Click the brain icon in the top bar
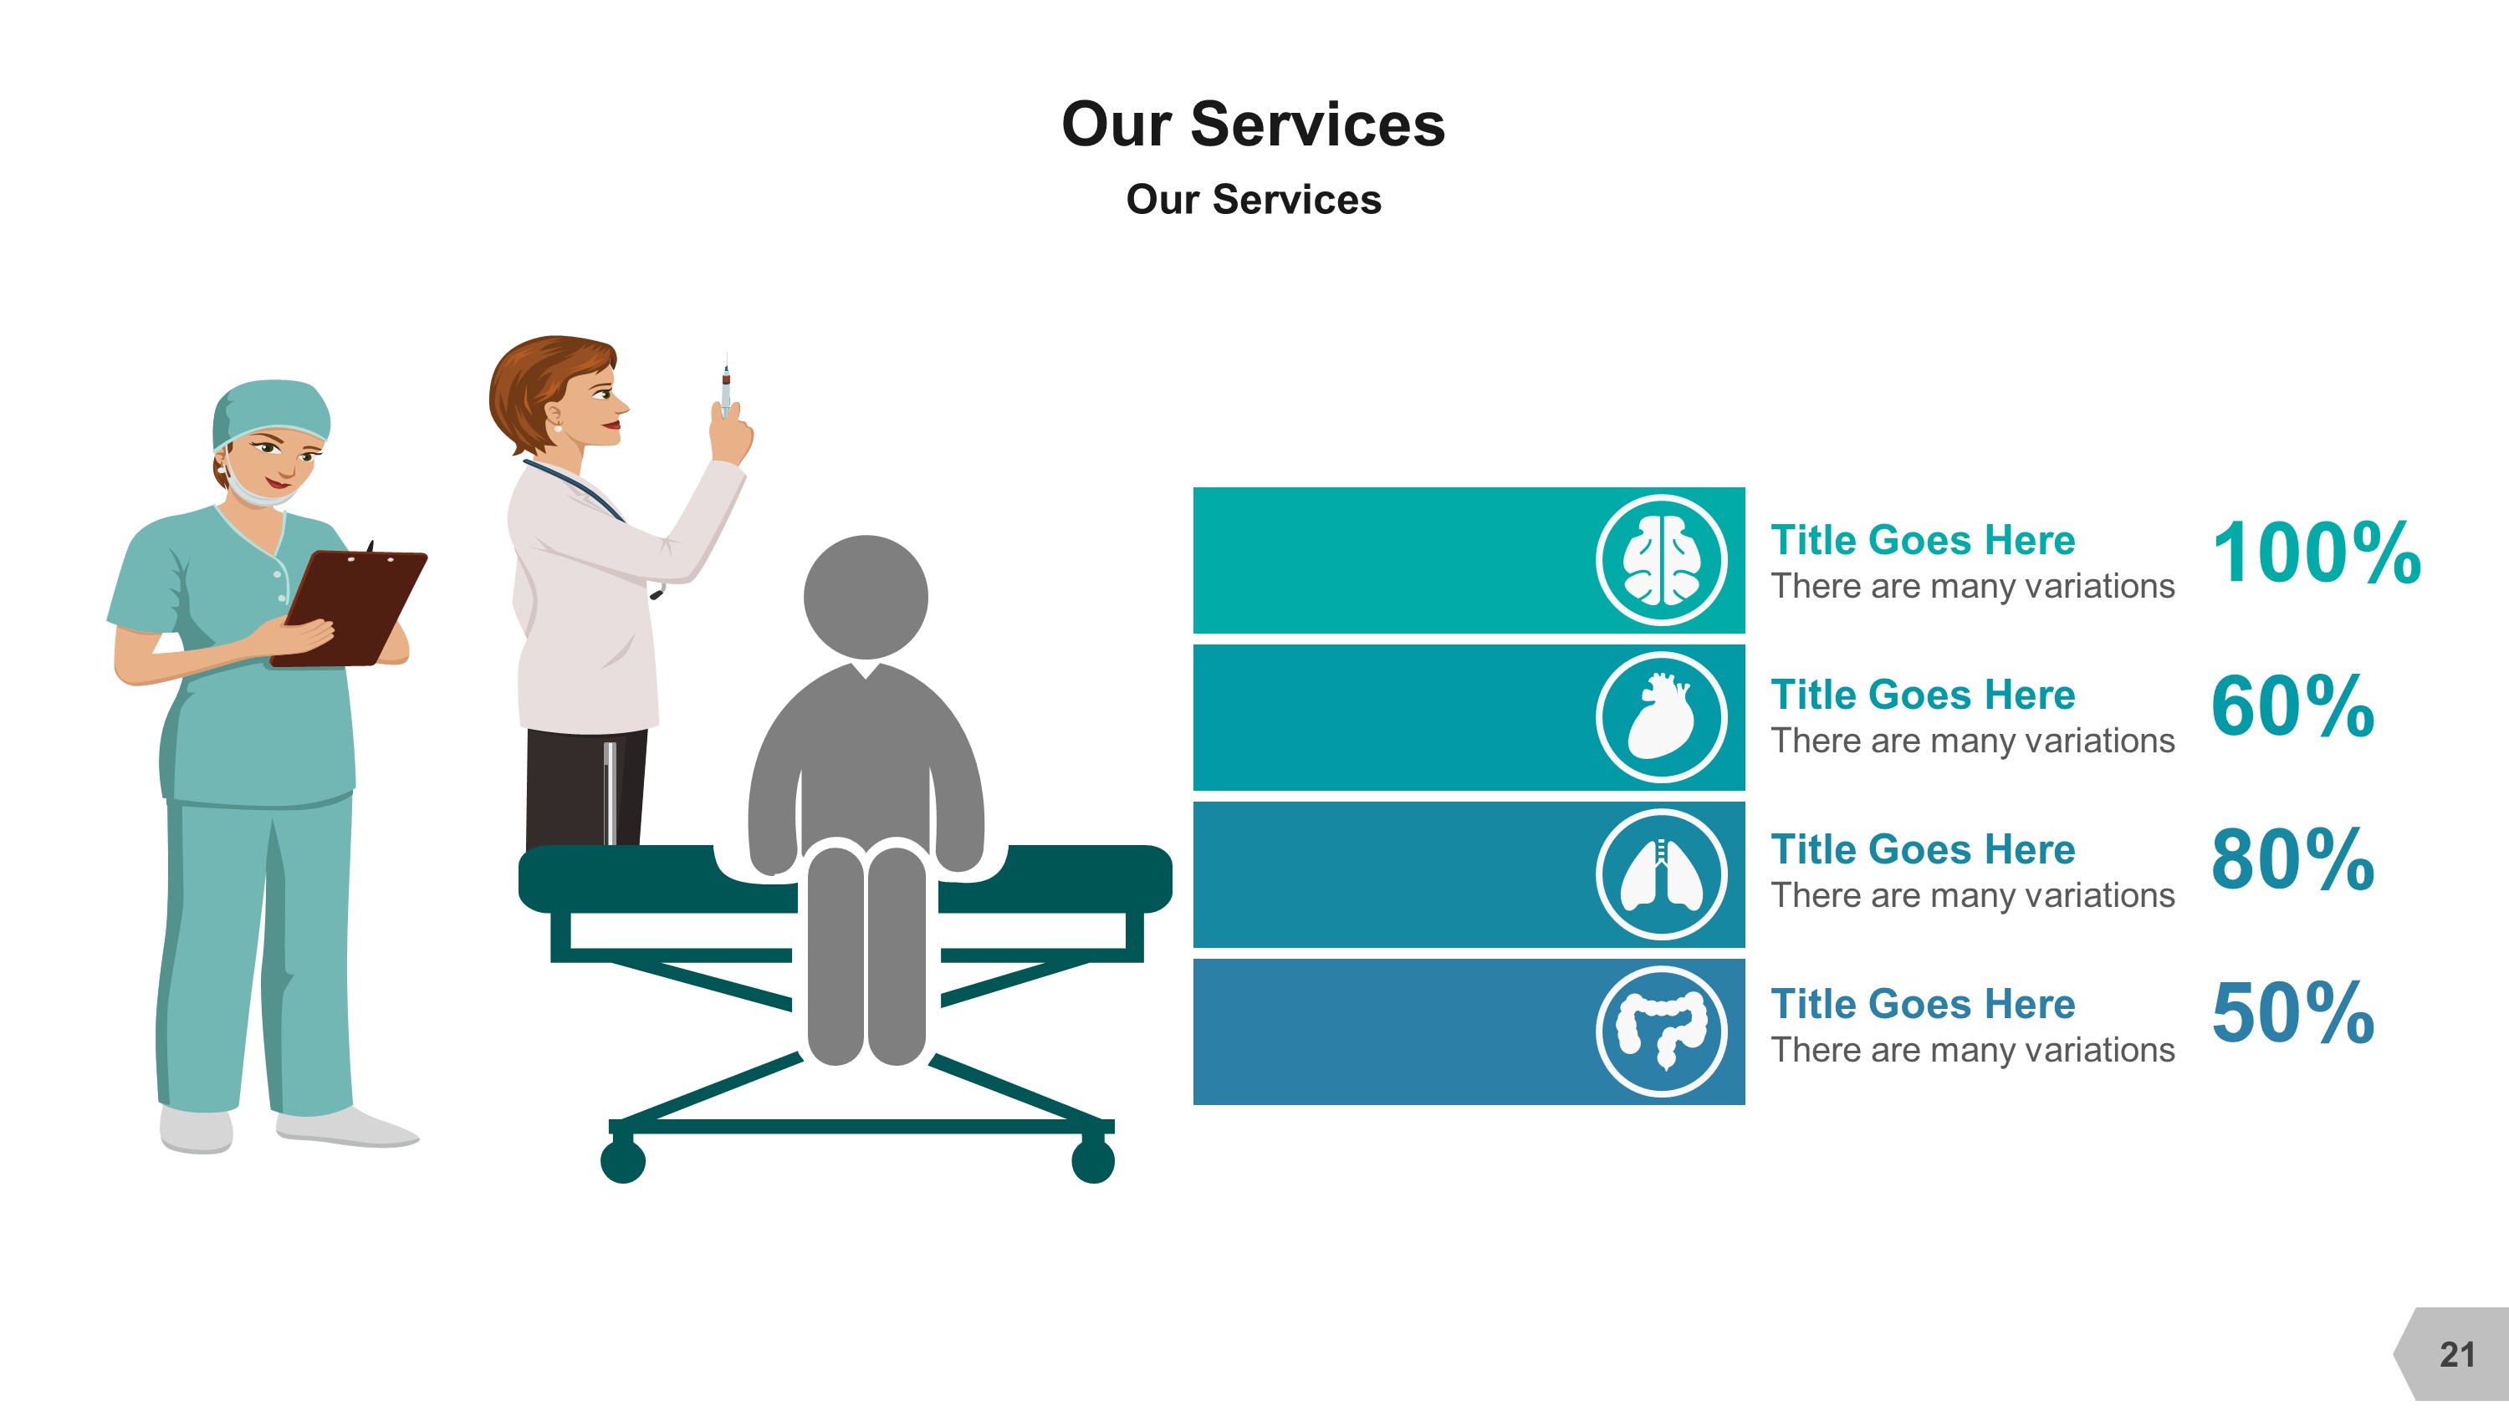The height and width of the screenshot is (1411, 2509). [1662, 560]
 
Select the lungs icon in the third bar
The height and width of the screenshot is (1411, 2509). [1662, 874]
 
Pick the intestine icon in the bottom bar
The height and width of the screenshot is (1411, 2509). [1662, 1031]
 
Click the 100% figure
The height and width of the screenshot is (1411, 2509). [2316, 553]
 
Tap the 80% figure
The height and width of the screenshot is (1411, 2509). [2292, 860]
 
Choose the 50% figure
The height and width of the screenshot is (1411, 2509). [2292, 1014]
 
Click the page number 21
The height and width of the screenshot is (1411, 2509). [2456, 1354]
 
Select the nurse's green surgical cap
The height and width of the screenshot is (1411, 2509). [272, 409]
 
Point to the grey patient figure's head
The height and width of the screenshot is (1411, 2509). [865, 596]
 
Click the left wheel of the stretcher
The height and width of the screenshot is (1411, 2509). [623, 1161]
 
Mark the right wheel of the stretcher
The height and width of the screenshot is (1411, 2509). [1092, 1161]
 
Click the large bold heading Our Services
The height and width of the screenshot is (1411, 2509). [1253, 125]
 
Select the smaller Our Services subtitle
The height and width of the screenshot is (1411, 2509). [1253, 200]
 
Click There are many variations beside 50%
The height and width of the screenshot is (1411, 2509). [1971, 1050]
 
